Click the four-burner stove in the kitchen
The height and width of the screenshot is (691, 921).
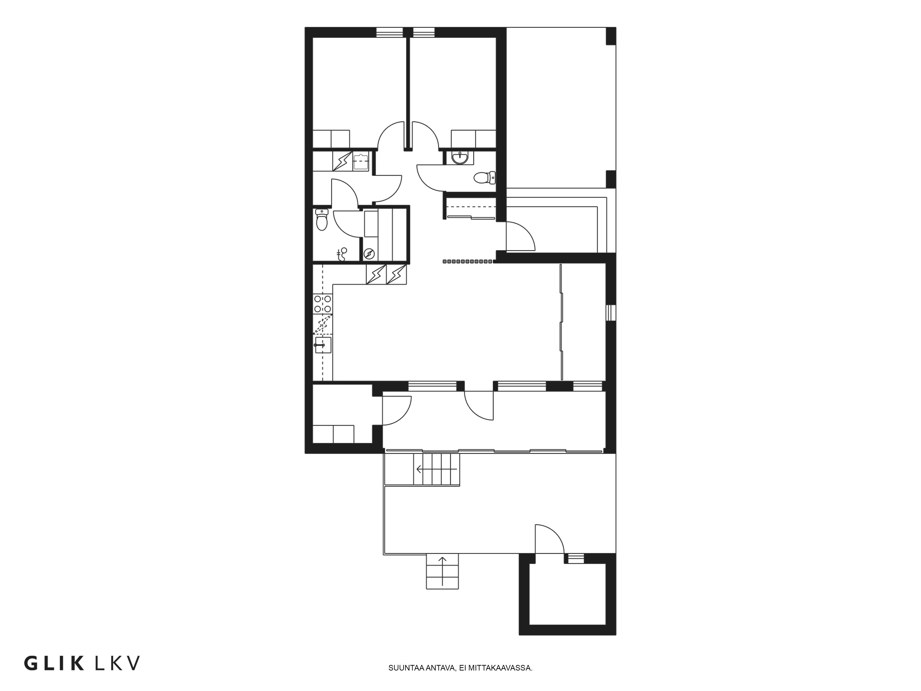(323, 304)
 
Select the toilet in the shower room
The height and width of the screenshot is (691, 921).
(322, 220)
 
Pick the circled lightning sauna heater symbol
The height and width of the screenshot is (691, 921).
(369, 254)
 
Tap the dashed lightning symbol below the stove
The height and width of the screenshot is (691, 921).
(323, 325)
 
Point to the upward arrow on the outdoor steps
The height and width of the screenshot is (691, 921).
(442, 570)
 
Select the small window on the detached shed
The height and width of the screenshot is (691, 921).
(576, 559)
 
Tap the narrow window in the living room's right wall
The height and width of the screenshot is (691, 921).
(610, 313)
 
